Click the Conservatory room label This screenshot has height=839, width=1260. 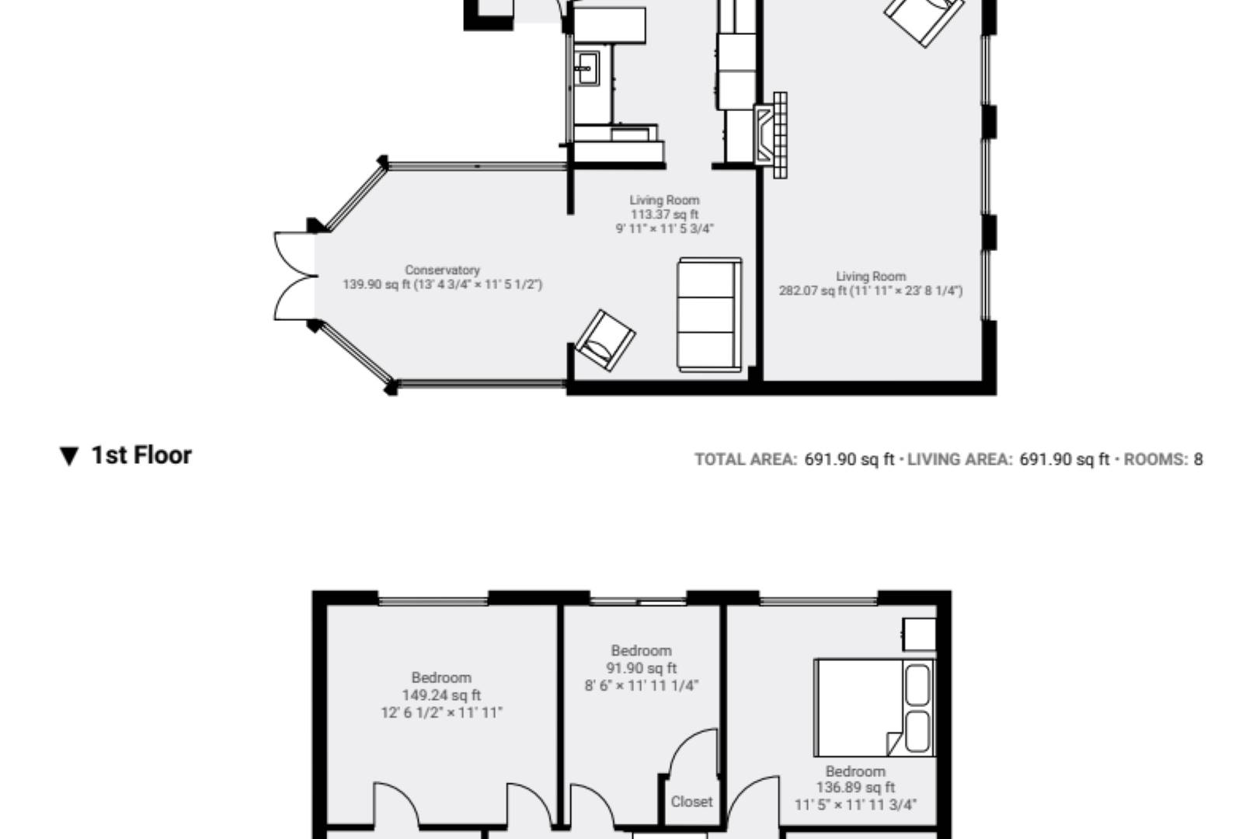tap(442, 270)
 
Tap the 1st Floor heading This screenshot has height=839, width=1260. tap(141, 455)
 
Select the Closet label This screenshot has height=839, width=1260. tap(691, 802)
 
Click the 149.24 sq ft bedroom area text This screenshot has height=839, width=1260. tap(440, 695)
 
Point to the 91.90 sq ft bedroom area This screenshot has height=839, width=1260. tap(641, 668)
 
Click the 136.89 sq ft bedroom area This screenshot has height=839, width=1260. tap(855, 788)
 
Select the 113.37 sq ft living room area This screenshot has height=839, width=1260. tap(664, 214)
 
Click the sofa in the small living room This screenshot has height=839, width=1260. tap(709, 315)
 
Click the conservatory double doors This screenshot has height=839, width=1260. tap(294, 276)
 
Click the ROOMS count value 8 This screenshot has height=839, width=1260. tap(1198, 459)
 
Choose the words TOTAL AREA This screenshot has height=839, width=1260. tap(745, 459)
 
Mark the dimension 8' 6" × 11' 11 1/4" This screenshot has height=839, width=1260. tap(641, 685)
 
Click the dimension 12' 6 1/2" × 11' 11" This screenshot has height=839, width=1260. tap(440, 712)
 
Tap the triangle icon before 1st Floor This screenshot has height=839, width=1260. tap(69, 456)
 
